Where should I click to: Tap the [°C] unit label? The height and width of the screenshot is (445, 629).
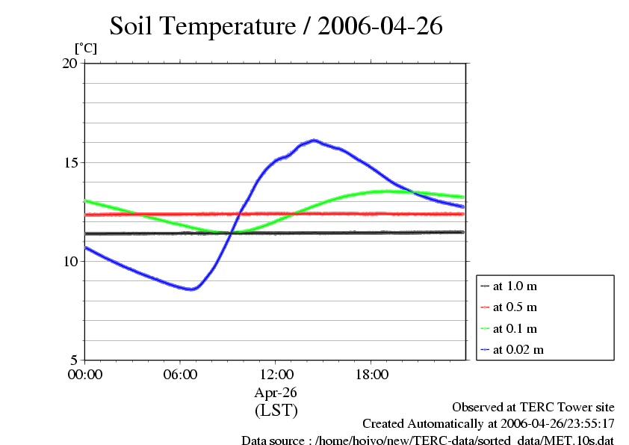85,49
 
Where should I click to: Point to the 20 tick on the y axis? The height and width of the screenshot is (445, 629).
69,64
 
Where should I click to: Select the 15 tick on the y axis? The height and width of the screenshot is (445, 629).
69,162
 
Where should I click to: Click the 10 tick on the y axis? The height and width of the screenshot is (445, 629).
69,261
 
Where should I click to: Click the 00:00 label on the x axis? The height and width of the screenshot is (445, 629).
84,375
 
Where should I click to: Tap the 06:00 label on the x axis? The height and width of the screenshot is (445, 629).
180,375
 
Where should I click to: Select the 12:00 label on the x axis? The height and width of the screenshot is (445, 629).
276,375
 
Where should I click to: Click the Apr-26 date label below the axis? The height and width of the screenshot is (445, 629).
276,393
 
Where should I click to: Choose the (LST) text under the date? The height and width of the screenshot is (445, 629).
276,411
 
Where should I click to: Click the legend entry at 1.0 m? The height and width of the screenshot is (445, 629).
515,286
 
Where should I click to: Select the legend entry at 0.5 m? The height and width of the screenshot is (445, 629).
515,307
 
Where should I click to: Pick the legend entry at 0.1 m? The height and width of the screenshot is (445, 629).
515,328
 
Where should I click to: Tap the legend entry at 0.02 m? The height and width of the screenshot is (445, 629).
518,349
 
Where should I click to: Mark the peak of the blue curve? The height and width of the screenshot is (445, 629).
314,140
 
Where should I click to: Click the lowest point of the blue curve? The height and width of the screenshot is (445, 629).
192,289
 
